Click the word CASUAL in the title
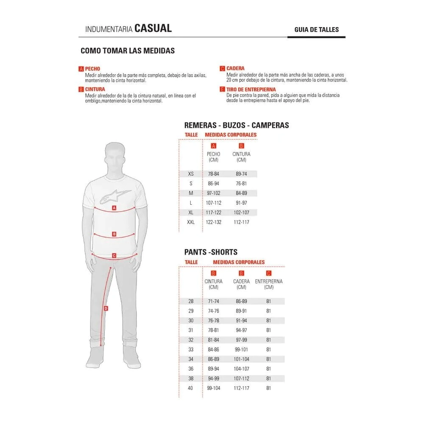(153, 28)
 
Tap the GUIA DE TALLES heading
(316, 30)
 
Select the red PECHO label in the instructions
(92, 69)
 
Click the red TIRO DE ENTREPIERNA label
(251, 89)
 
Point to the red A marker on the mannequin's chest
(114, 208)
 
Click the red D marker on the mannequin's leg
(106, 308)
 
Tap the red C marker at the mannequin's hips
(114, 256)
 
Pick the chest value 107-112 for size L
(214, 203)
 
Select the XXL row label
(191, 222)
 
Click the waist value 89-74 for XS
(241, 174)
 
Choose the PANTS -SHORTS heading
(211, 252)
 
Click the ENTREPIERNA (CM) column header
(268, 284)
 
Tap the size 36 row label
(191, 369)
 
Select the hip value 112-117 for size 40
(241, 388)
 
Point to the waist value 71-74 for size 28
(214, 301)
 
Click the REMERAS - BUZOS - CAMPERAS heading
(237, 125)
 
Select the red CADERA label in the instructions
(235, 68)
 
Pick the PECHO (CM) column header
(214, 157)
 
